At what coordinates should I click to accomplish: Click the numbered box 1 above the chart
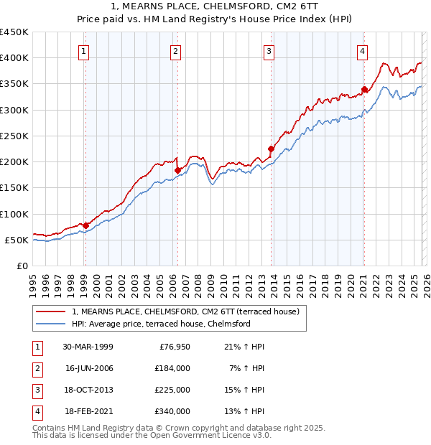click(85, 50)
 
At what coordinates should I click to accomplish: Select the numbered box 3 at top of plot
click(269, 50)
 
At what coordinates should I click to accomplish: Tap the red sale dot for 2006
click(177, 170)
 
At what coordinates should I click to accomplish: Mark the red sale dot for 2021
click(364, 90)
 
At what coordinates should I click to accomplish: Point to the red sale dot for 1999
click(85, 225)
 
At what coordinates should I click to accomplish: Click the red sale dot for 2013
click(271, 149)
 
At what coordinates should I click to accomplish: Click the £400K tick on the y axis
click(14, 58)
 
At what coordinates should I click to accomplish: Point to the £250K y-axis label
click(14, 136)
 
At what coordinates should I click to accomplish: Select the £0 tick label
click(22, 266)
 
